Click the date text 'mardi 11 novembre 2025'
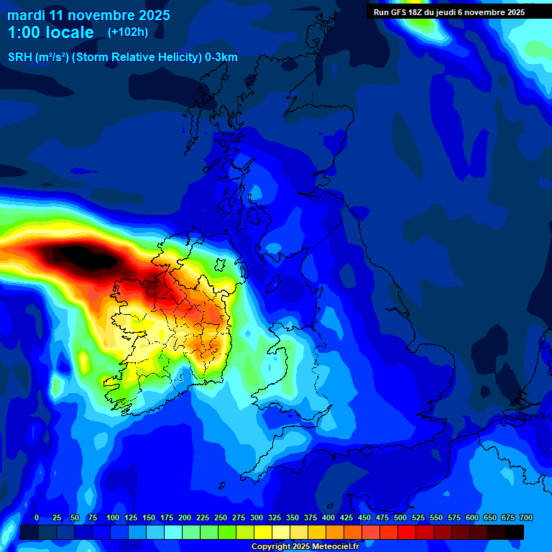88,15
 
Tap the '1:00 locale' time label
50,32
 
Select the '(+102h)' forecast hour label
128,32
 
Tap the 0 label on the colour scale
37,518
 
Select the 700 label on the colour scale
525,518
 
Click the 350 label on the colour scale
293,518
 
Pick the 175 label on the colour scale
167,518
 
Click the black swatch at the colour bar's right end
514,532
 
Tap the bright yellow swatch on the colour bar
262,532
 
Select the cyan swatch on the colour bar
172,532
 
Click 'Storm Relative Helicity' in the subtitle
137,57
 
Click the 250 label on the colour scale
221,518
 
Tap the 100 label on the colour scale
113,518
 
